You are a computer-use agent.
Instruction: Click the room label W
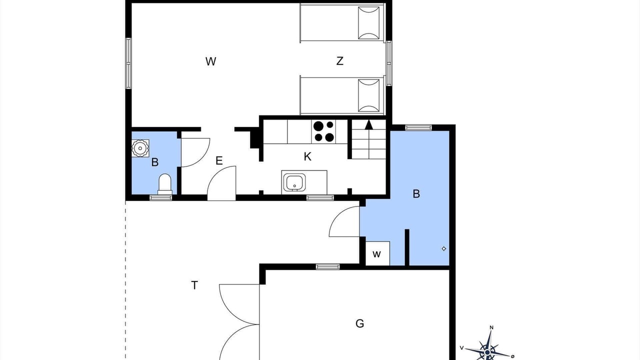[x=210, y=61]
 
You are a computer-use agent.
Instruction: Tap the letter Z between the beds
[x=339, y=61]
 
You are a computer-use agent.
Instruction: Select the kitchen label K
[x=307, y=156]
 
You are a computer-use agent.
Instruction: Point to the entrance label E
[x=219, y=161]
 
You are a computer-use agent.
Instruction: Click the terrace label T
[x=194, y=285]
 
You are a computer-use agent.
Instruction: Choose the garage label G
[x=359, y=323]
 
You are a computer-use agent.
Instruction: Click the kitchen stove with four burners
[x=323, y=131]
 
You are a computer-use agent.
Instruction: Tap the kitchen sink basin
[x=294, y=182]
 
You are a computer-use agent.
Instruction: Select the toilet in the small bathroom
[x=165, y=184]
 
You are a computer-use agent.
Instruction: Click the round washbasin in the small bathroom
[x=140, y=148]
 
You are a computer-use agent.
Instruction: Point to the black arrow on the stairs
[x=369, y=124]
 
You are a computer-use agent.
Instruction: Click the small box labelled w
[x=377, y=253]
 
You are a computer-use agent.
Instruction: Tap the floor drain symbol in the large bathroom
[x=443, y=249]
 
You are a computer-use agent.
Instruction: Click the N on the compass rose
[x=491, y=327]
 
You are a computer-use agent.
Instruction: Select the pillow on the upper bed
[x=369, y=23]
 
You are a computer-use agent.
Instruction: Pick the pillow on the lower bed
[x=369, y=95]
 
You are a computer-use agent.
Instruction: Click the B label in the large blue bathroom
[x=416, y=194]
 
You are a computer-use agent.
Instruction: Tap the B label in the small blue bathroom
[x=155, y=162]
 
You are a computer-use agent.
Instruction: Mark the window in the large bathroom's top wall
[x=418, y=127]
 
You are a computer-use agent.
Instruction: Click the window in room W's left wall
[x=128, y=63]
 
